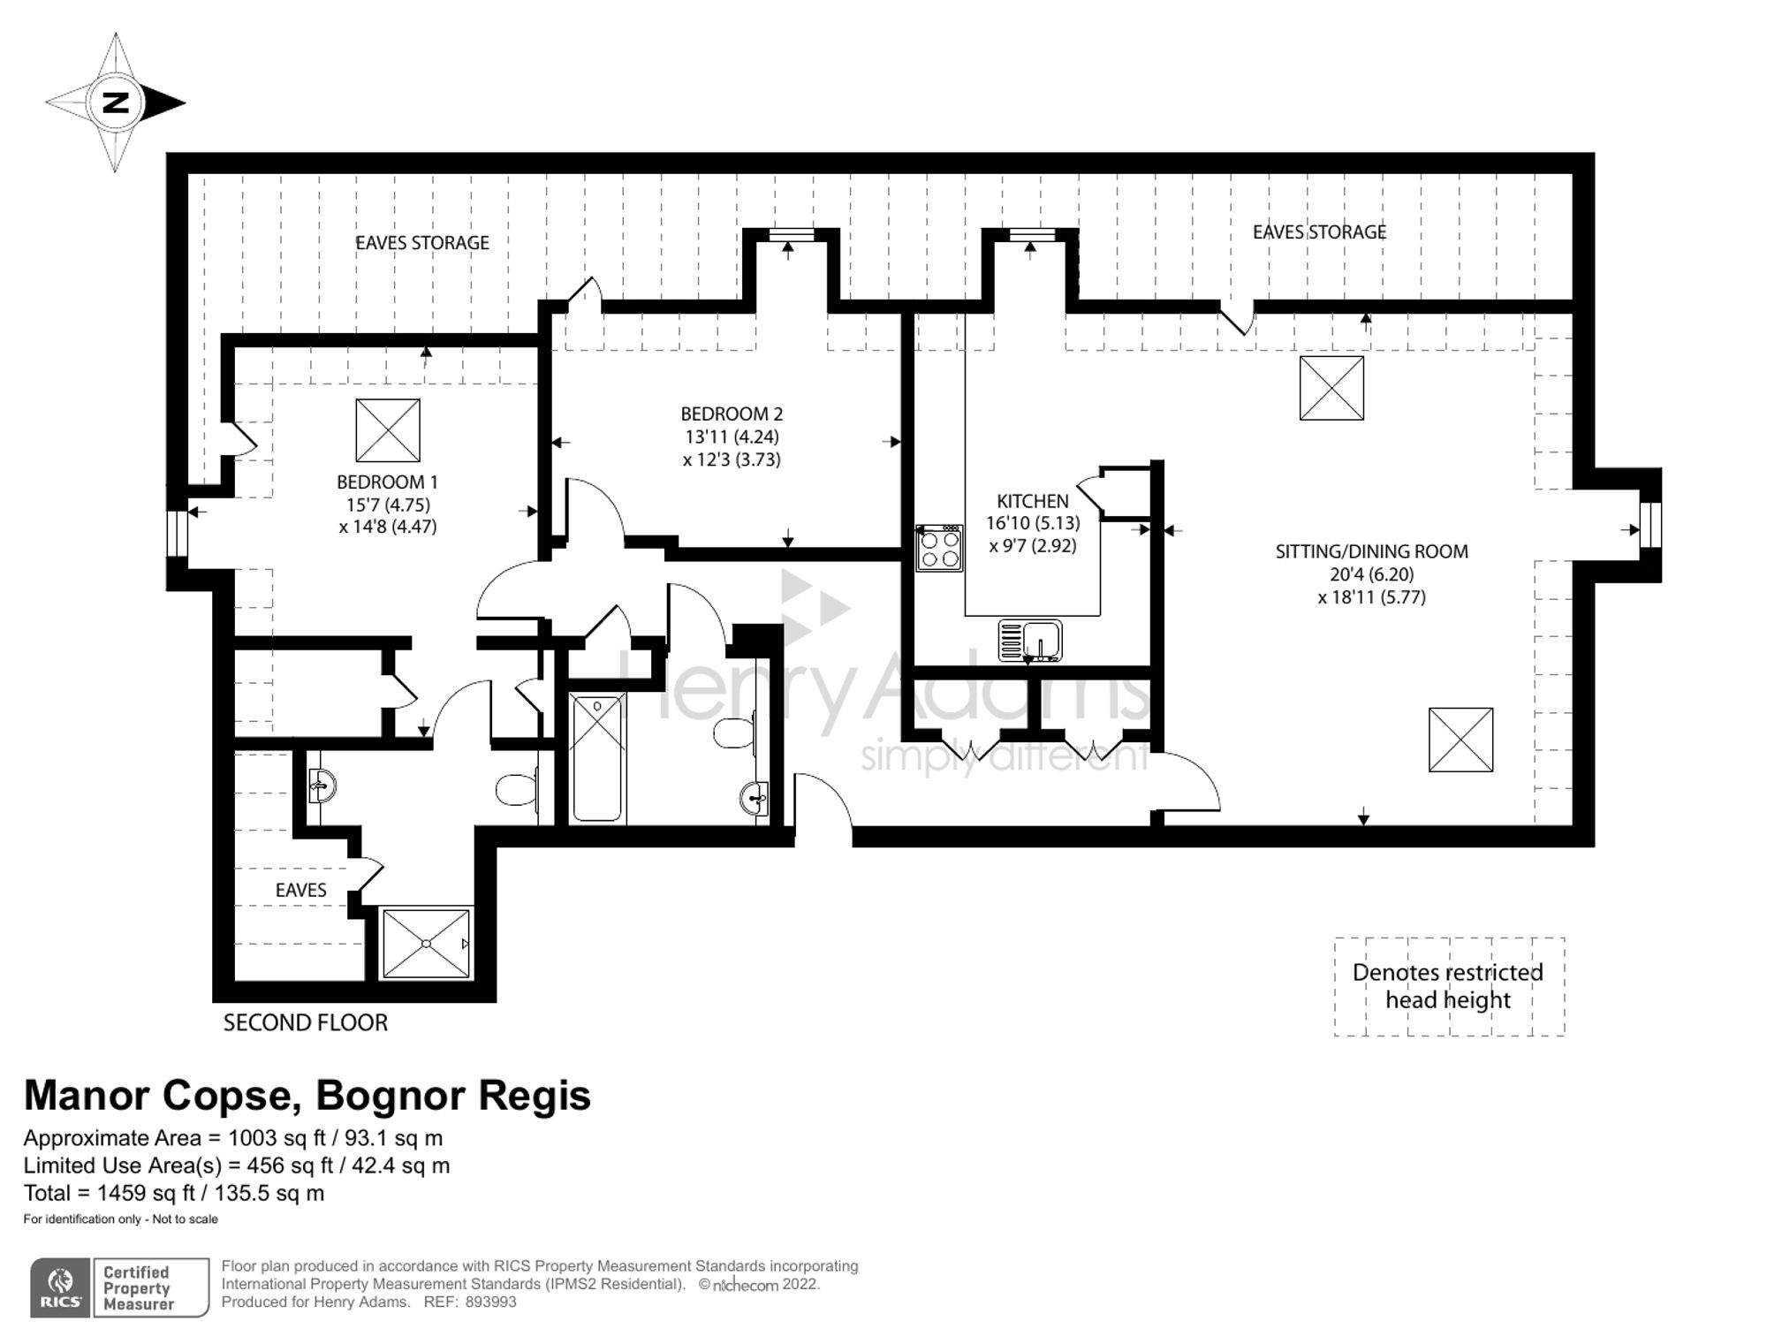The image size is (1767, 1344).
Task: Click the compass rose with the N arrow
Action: (115, 103)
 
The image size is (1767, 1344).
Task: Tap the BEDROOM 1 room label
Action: (387, 482)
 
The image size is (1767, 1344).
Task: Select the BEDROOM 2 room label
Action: (732, 414)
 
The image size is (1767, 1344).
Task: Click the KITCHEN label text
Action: (1032, 501)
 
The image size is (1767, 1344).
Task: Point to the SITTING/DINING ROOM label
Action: (1371, 551)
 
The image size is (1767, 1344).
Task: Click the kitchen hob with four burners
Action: (939, 548)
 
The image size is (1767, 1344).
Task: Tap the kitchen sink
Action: (1030, 641)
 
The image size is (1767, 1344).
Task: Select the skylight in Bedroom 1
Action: (388, 430)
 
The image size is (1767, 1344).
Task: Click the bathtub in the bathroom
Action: (598, 758)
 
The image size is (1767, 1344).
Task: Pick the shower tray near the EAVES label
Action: (427, 943)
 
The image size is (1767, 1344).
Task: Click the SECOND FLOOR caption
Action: (305, 1023)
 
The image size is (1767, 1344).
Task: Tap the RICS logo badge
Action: (119, 1287)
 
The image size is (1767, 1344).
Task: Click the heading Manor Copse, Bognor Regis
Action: (307, 1096)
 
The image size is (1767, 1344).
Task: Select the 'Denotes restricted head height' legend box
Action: (1449, 986)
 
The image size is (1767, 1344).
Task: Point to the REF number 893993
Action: (490, 1302)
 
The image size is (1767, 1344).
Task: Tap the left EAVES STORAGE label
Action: (421, 243)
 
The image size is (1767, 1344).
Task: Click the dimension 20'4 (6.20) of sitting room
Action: (1371, 574)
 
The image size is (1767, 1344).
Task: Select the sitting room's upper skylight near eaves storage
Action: (1331, 388)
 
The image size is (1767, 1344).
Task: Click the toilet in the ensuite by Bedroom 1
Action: (517, 789)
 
